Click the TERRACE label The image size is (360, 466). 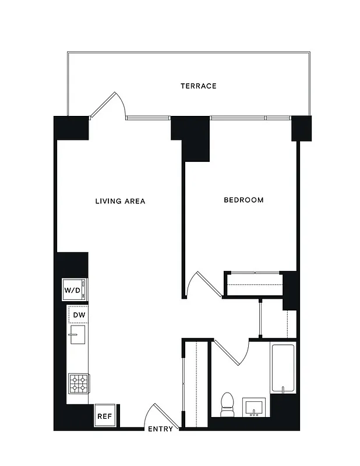(x=198, y=86)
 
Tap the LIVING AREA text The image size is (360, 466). (x=120, y=202)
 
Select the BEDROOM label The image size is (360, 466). (x=243, y=200)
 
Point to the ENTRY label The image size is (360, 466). (x=160, y=429)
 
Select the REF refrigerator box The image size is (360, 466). (x=104, y=416)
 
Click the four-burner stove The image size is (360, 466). (x=78, y=384)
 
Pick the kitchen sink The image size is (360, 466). (x=77, y=335)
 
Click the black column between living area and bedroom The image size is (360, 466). (x=193, y=137)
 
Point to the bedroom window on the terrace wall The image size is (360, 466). (x=250, y=118)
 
